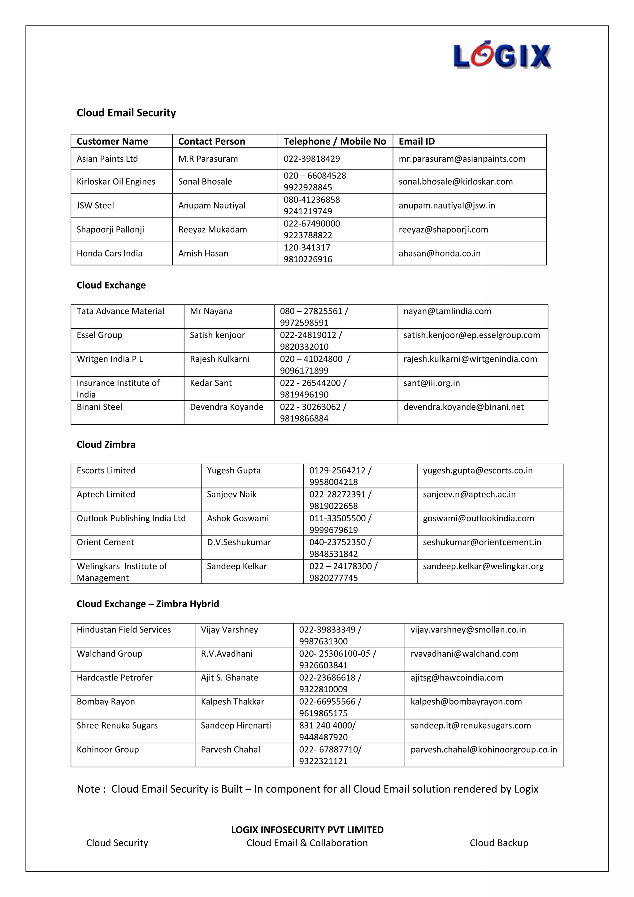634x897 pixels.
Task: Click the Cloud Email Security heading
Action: point(126,113)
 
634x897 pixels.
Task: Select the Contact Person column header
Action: point(212,142)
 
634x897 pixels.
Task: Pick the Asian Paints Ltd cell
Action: point(107,159)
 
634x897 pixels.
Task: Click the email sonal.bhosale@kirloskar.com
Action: point(455,182)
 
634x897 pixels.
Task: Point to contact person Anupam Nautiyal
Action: point(212,205)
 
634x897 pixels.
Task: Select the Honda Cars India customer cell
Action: point(109,254)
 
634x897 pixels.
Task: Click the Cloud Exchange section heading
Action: point(111,285)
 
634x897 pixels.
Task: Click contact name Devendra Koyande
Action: point(226,407)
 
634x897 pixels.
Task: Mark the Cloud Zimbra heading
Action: point(106,444)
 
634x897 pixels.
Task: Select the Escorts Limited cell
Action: point(106,471)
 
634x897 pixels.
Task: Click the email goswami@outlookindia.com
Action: point(478,519)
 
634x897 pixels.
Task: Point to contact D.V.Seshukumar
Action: point(239,542)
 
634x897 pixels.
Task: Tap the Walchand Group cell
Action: point(109,654)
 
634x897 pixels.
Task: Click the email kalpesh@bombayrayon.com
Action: point(466,702)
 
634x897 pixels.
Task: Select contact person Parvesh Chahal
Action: point(230,750)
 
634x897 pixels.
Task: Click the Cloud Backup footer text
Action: point(498,843)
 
